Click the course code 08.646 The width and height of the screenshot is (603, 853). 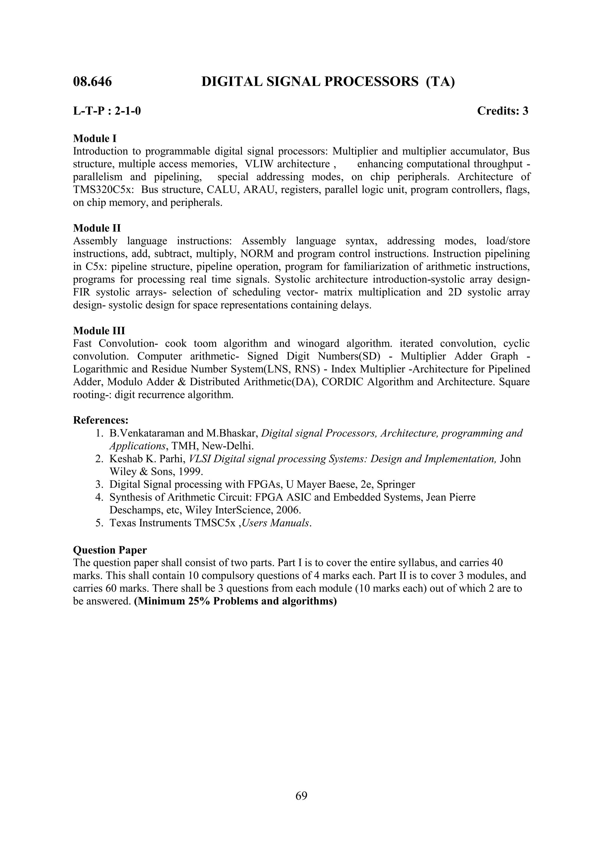pos(92,82)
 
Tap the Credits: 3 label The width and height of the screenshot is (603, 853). pos(502,111)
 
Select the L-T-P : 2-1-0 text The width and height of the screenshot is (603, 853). pos(107,111)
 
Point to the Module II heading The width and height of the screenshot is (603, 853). pos(97,228)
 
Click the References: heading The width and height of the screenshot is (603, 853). pos(101,420)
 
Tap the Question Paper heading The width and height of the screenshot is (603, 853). pos(110,550)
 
